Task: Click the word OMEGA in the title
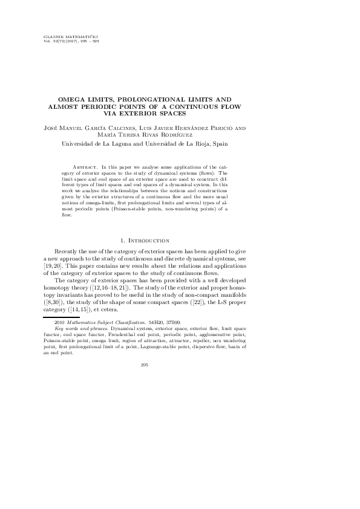[x=72, y=98]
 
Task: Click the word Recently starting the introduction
[x=68, y=250]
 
